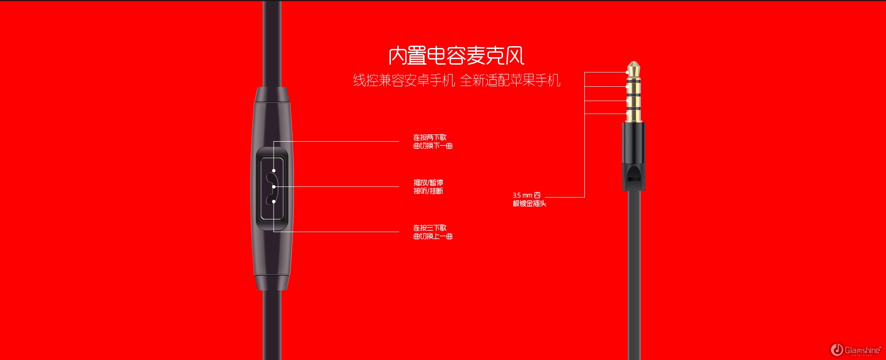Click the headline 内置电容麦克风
tap(456, 56)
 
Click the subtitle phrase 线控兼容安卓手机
tap(404, 80)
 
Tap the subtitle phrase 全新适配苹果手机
tap(510, 80)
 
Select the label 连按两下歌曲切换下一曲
tap(433, 142)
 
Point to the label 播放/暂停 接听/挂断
tap(428, 187)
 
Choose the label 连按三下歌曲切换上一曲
tap(433, 232)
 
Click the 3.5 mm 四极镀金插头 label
tap(529, 199)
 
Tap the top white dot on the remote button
tap(274, 171)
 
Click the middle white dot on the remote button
tap(274, 187)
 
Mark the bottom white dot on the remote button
tap(274, 202)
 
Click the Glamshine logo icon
tap(837, 350)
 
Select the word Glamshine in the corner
tap(862, 350)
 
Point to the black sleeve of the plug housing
tap(634, 156)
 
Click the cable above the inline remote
tap(272, 44)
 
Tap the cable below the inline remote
tap(272, 325)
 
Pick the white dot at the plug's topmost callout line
tap(627, 72)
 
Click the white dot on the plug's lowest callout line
tap(627, 114)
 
